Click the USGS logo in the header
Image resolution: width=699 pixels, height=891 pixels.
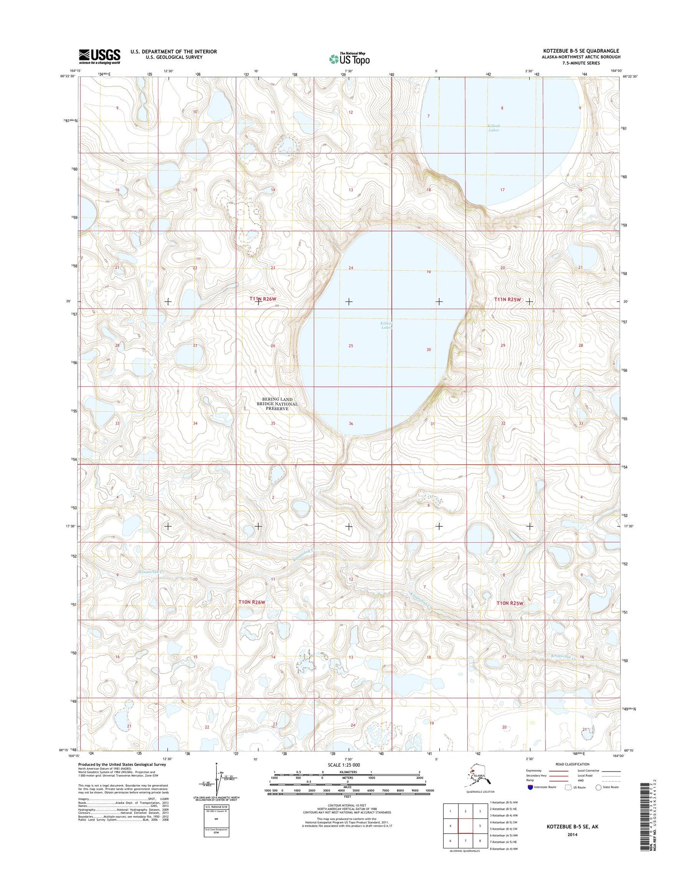99,56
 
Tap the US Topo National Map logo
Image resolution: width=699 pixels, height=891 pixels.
349,59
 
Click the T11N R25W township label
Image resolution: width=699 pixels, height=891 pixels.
507,299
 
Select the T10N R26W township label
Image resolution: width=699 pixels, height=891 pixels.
252,602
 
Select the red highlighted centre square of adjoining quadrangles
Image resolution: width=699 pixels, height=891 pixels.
465,826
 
